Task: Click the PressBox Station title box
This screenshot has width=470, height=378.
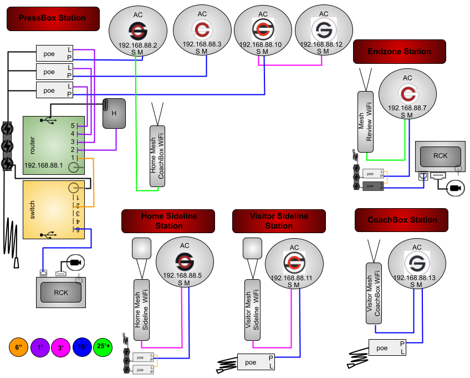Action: click(53, 18)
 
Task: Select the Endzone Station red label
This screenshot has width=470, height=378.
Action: click(399, 52)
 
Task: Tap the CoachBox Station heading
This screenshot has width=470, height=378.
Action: click(402, 220)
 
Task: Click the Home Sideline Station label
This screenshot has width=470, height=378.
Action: click(168, 221)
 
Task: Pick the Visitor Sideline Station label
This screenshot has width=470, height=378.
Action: click(279, 221)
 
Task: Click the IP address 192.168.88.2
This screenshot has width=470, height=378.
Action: click(137, 45)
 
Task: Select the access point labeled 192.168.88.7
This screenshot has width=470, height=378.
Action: click(407, 94)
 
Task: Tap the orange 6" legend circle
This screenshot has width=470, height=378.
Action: click(18, 347)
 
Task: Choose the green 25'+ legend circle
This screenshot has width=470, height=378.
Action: click(103, 347)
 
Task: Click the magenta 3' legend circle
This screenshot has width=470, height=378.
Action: click(60, 349)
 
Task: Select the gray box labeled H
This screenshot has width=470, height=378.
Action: click(114, 113)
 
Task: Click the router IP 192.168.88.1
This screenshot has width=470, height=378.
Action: click(43, 165)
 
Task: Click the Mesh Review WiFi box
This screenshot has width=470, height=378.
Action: click(365, 122)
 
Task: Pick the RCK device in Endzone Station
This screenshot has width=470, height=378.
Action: click(440, 156)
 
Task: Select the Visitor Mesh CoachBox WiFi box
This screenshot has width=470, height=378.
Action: click(374, 293)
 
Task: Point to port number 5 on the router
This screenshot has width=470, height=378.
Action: click(72, 126)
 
